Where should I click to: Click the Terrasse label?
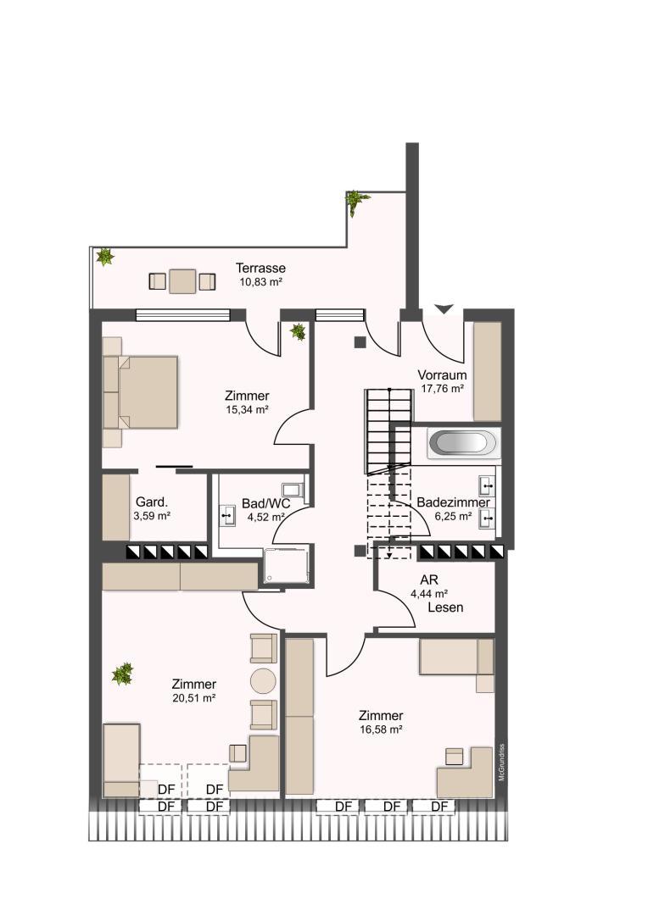(x=260, y=269)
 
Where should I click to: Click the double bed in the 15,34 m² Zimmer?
(x=141, y=392)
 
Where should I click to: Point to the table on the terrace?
(x=183, y=281)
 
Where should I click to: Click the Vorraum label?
(x=443, y=375)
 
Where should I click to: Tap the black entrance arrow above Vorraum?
(x=444, y=308)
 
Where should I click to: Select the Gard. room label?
(x=152, y=502)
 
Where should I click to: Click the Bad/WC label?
(x=265, y=503)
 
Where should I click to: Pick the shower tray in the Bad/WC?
(x=287, y=565)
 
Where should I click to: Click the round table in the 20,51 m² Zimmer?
(x=263, y=681)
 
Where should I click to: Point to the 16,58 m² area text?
(x=381, y=729)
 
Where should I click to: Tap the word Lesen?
(x=445, y=607)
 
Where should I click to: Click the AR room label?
(x=429, y=580)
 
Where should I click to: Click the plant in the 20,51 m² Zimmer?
(x=123, y=674)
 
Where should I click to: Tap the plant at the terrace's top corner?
(x=355, y=202)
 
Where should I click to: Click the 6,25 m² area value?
(x=453, y=517)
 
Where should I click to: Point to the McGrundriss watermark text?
(x=501, y=762)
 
